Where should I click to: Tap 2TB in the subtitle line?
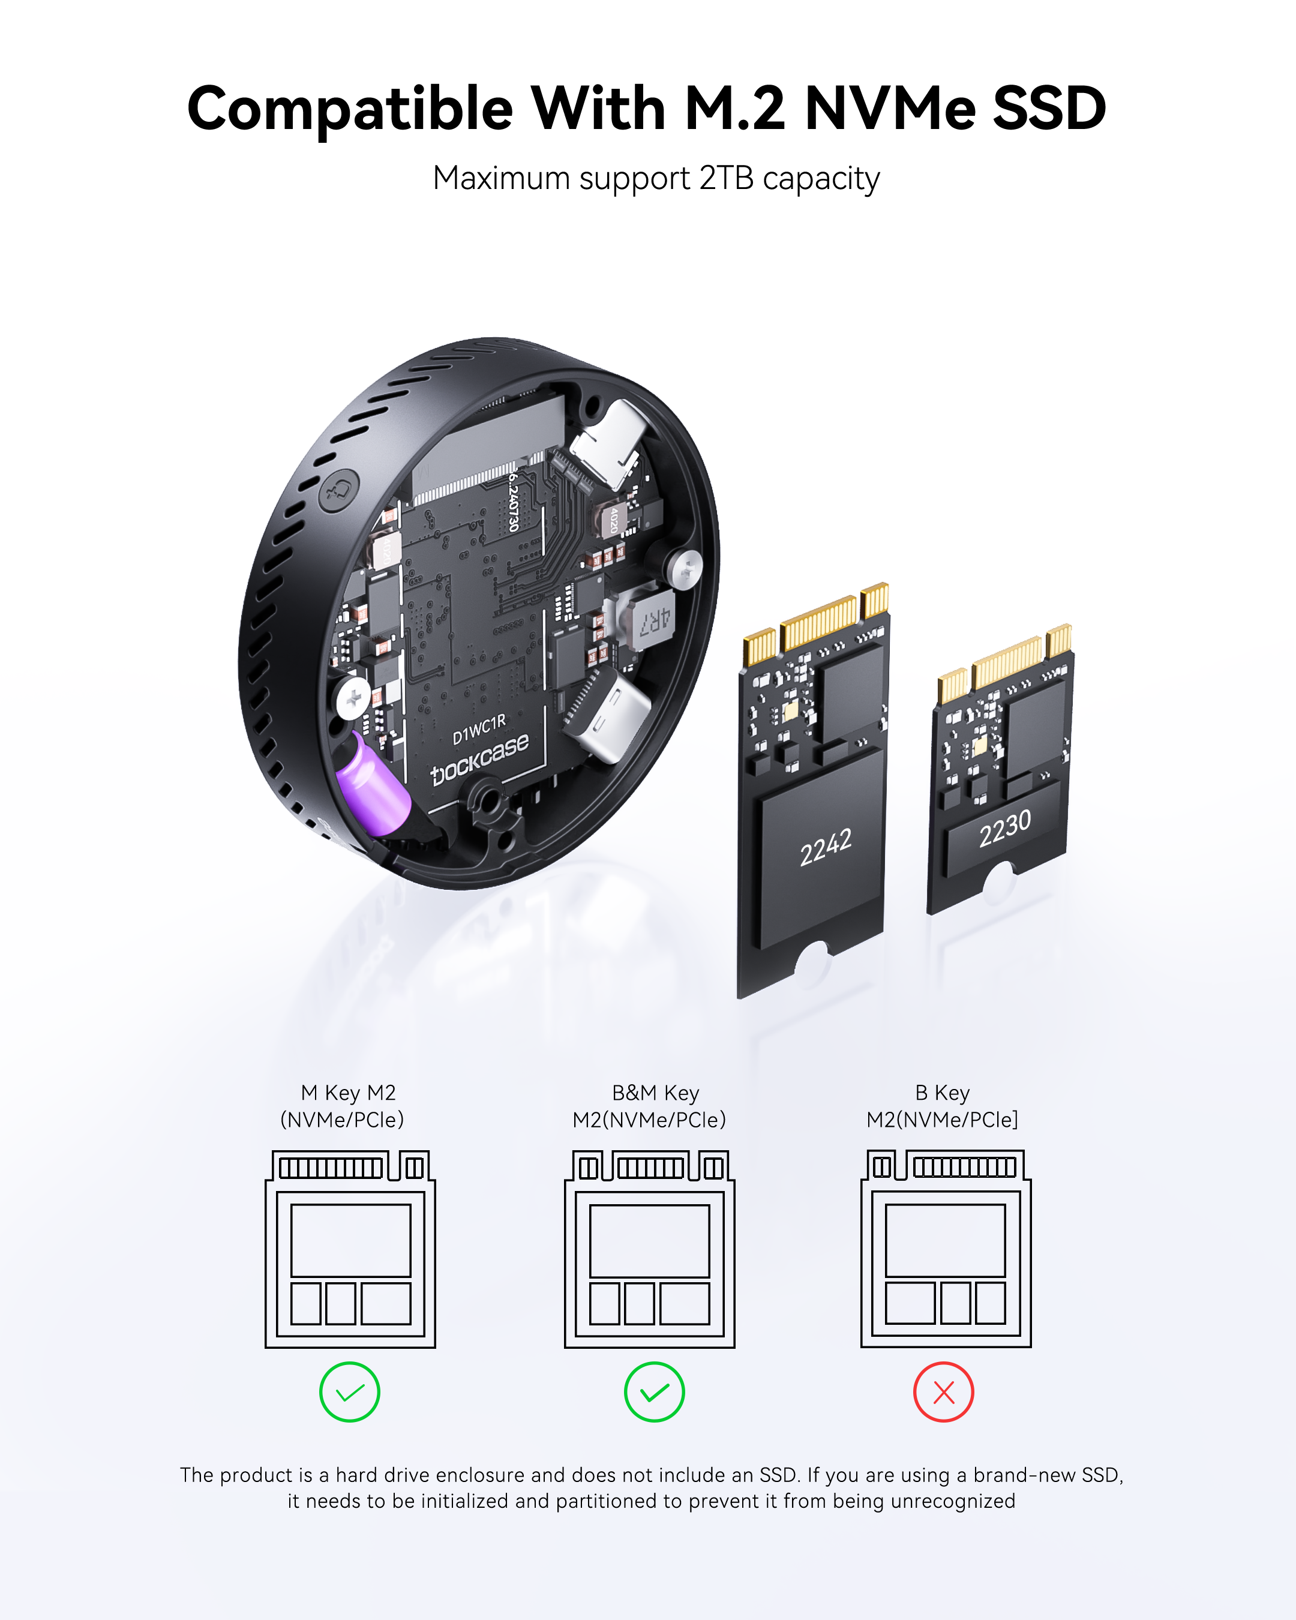click(726, 179)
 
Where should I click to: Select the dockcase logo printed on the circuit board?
click(479, 759)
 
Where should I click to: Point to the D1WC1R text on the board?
click(479, 730)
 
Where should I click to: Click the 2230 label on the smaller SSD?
click(1004, 828)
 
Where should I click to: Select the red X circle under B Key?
click(944, 1393)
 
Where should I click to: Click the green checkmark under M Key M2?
click(349, 1393)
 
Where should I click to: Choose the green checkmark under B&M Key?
click(653, 1393)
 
